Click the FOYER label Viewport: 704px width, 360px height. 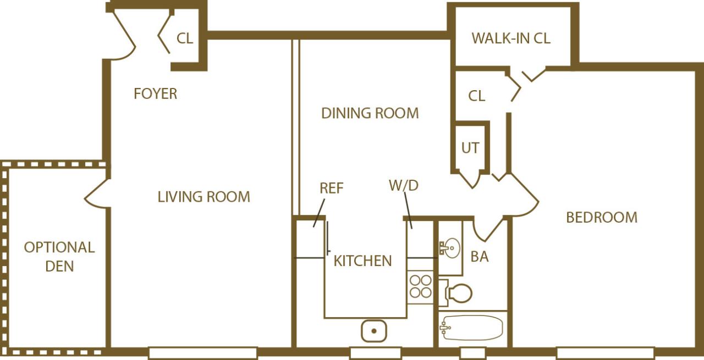click(156, 94)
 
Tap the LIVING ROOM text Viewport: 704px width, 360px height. click(204, 197)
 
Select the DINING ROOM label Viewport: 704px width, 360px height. click(370, 113)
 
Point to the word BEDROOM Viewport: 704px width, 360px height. click(602, 218)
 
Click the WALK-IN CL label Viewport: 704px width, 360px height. click(511, 38)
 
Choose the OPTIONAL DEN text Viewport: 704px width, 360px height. click(59, 257)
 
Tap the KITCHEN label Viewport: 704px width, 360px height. click(363, 261)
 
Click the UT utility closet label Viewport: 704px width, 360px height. click(470, 148)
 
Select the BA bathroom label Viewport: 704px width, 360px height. click(480, 257)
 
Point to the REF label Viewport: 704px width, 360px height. click(331, 188)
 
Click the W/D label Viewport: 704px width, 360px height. click(404, 186)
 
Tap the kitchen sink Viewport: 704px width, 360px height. click(374, 331)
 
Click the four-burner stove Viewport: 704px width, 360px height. click(421, 286)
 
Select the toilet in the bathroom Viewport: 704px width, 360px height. click(458, 293)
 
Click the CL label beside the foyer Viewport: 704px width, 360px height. click(185, 38)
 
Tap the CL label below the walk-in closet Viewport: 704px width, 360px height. click(477, 96)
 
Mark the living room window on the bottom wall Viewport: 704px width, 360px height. click(202, 352)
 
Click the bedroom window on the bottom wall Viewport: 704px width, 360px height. click(605, 352)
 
